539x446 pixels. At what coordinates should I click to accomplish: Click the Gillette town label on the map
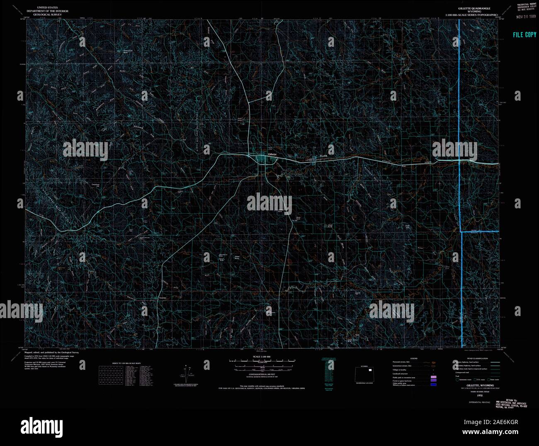tap(272, 154)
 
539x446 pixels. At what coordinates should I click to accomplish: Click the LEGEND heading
tap(414, 358)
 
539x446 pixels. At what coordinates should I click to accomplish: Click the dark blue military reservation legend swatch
tap(433, 385)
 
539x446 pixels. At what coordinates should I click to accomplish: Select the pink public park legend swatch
tap(433, 378)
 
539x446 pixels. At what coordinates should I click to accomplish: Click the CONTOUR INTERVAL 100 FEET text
tap(258, 374)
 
